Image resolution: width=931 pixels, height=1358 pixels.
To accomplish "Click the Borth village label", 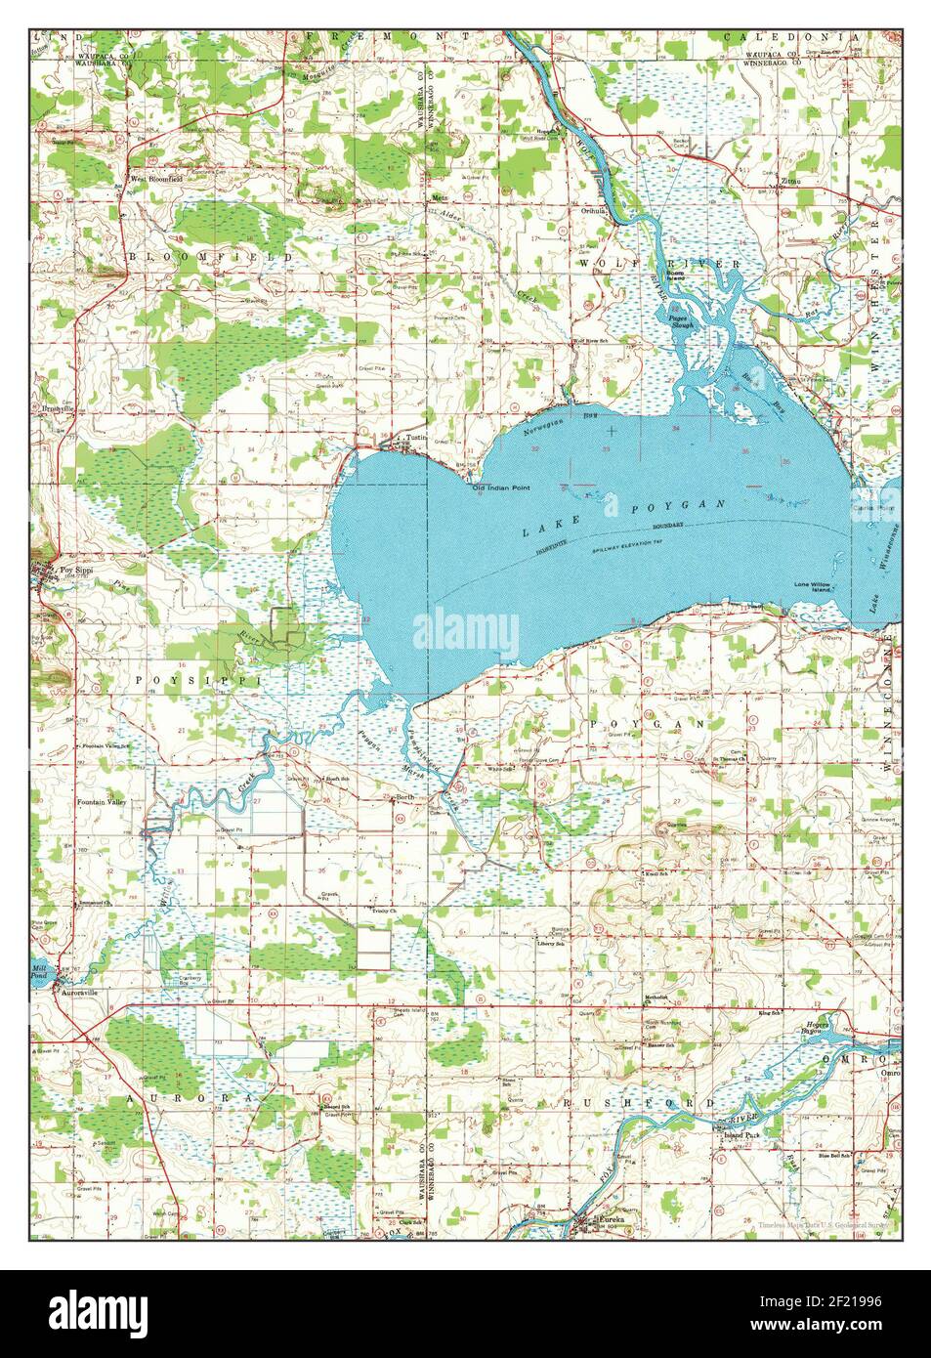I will click(404, 797).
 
